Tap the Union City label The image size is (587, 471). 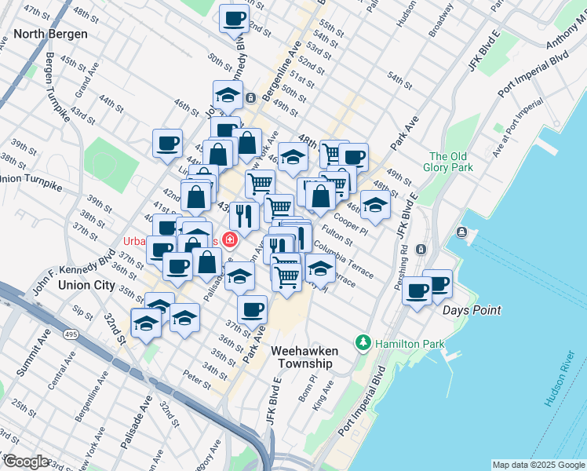pyautogui.click(x=86, y=285)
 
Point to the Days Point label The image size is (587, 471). pyautogui.click(x=471, y=310)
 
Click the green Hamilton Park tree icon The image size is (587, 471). pyautogui.click(x=363, y=343)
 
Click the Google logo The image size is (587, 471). pyautogui.click(x=25, y=461)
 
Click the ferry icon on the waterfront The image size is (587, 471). pyautogui.click(x=461, y=232)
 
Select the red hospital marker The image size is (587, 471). pyautogui.click(x=230, y=239)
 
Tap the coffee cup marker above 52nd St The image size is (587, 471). pyautogui.click(x=234, y=17)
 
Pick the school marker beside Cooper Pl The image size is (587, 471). pyautogui.click(x=375, y=206)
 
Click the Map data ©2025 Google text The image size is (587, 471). pyautogui.click(x=538, y=465)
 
